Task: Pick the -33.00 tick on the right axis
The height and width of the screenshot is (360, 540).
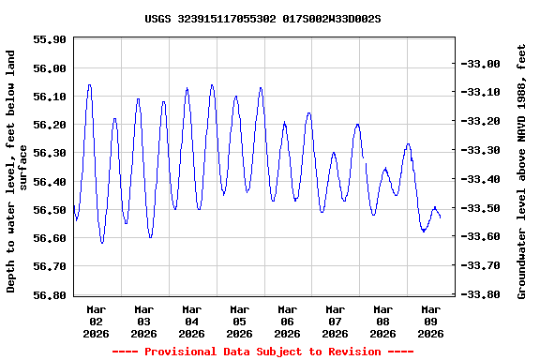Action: pos(482,64)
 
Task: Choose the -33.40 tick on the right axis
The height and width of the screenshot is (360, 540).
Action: pos(482,179)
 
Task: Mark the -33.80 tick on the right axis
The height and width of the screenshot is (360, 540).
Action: pos(482,294)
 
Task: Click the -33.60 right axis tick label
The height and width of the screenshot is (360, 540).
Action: pos(482,237)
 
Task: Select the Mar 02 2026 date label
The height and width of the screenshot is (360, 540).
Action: pos(97,321)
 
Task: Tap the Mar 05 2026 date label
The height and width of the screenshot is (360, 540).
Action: pos(240,321)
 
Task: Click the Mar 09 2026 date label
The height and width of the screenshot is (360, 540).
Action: pos(430,321)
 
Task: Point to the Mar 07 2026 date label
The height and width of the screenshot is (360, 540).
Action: pos(335,321)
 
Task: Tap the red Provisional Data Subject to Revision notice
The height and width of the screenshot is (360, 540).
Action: pos(262,352)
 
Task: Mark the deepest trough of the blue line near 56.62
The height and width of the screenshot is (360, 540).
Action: pos(102,243)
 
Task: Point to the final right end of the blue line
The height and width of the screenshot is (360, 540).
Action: pos(440,217)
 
